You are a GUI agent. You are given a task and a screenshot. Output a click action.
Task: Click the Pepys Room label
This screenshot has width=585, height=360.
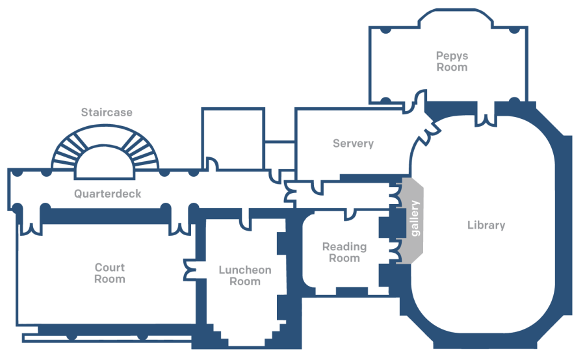point(452,62)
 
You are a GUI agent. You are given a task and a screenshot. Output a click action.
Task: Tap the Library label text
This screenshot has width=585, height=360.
point(486,225)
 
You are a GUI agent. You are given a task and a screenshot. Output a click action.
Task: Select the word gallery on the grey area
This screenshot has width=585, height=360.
point(415,218)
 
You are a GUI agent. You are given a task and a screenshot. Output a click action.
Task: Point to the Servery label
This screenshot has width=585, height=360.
point(353,144)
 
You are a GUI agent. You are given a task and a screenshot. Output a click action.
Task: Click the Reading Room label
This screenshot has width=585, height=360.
point(344,252)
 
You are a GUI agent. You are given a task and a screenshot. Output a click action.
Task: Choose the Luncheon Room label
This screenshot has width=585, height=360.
point(245,276)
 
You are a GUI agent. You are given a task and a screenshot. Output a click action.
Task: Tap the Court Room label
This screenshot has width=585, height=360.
point(109,273)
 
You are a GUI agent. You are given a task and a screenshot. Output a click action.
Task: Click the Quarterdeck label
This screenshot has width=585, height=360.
point(107,194)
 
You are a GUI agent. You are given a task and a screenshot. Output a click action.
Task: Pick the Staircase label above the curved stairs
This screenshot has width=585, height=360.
point(107,112)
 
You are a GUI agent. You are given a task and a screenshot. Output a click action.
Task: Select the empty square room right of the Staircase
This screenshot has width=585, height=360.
point(233,139)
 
